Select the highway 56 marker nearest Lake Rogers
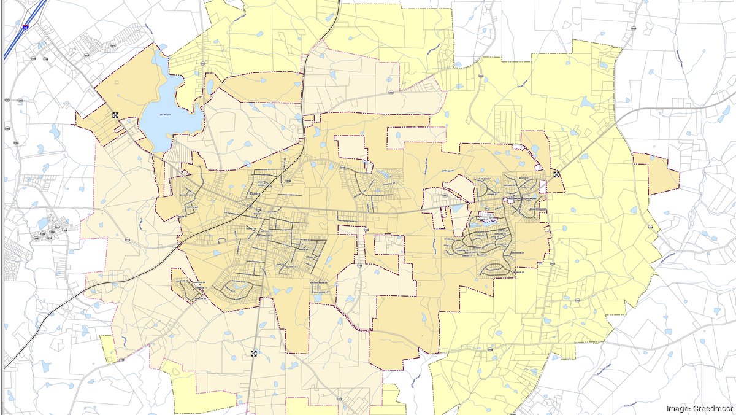tap(115, 115)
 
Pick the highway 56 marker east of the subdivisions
tap(556, 174)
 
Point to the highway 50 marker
tap(253, 354)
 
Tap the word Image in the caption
tap(677, 408)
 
